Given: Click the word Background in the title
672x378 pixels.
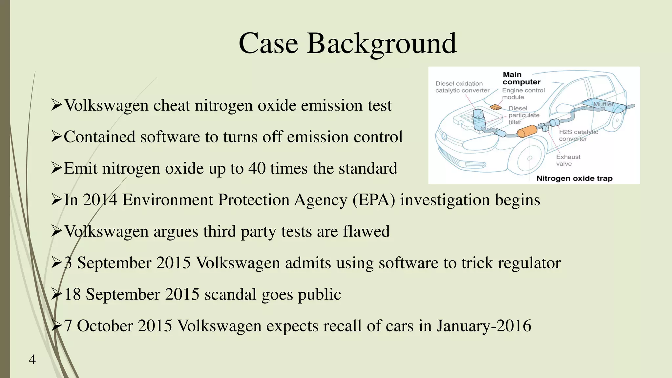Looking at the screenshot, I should (381, 44).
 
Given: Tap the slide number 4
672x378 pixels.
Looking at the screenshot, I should (32, 360).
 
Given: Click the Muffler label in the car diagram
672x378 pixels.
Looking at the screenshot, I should (603, 104).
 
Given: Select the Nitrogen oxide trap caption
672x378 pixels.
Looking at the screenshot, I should (574, 178).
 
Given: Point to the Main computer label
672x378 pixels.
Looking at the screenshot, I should (521, 78).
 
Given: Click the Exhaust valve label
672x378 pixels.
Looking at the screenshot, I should (568, 160).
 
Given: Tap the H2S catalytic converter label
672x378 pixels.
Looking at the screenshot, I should (578, 135).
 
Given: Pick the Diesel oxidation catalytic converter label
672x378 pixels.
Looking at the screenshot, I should (462, 87).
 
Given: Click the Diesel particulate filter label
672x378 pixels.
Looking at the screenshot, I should (524, 115).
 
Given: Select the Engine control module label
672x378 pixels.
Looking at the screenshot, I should (523, 94).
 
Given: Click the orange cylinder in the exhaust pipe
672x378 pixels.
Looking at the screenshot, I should (527, 132).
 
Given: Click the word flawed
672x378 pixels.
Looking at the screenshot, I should (366, 231).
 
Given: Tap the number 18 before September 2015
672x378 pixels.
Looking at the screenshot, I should (73, 294).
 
